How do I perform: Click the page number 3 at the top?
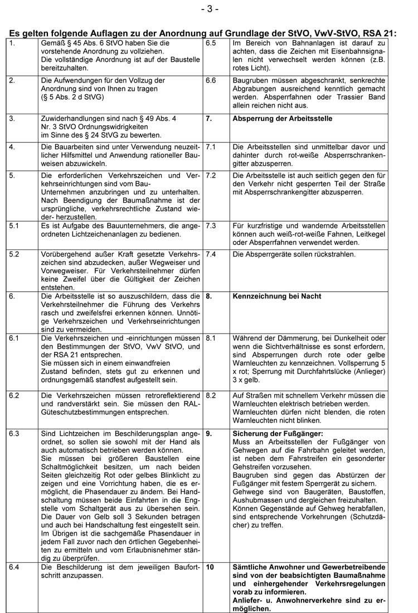[x=209, y=9]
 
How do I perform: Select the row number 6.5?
[x=211, y=42]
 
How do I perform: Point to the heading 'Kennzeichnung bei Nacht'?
[x=277, y=296]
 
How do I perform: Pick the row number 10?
[x=210, y=567]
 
